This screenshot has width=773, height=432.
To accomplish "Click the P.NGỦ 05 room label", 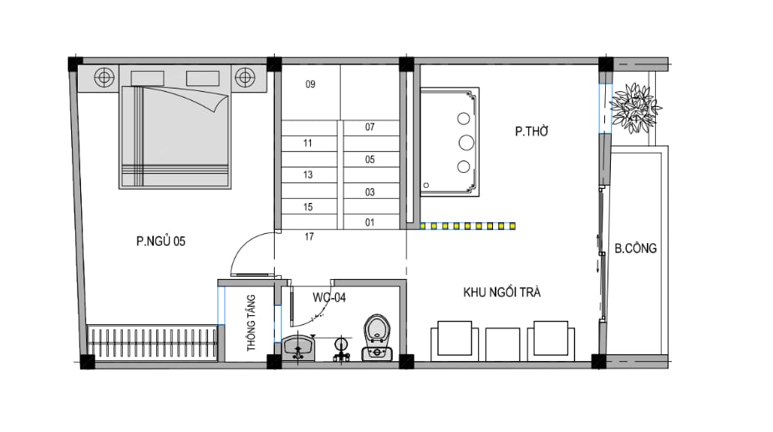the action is (x=160, y=241).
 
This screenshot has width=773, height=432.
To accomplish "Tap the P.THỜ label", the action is (x=531, y=131).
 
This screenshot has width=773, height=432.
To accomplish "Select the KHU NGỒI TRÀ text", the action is (x=502, y=292).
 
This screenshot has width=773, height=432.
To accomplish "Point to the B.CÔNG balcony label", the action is (x=635, y=248).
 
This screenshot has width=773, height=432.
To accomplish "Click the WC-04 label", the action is (x=329, y=297).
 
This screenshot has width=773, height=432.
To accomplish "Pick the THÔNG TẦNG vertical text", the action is (x=252, y=323).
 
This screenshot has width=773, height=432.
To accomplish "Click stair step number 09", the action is (x=310, y=84).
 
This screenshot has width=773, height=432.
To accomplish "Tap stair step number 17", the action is (x=309, y=236).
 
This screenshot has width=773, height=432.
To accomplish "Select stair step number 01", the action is (x=369, y=222).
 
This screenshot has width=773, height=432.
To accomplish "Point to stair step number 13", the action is (x=308, y=175).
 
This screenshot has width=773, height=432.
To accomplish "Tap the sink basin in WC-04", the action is (x=298, y=348).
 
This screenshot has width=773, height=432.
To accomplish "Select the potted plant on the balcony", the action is (x=634, y=108).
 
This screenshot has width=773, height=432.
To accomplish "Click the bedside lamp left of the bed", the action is (x=104, y=78).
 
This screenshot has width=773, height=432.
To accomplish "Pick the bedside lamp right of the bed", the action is (x=245, y=77).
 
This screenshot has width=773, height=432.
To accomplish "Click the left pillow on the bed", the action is (x=147, y=79).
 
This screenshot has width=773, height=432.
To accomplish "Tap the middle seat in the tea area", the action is (x=502, y=344).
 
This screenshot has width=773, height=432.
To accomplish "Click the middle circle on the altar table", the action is (x=465, y=143).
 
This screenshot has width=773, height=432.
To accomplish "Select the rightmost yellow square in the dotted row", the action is (x=513, y=226).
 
